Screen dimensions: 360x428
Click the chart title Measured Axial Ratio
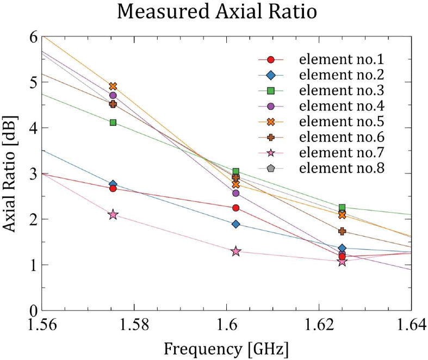[x=216, y=13]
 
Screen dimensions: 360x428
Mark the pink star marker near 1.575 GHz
[x=113, y=215]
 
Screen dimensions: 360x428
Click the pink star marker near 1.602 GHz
[x=236, y=251]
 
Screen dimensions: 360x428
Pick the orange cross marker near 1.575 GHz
[x=113, y=86]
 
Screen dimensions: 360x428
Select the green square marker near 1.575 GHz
[x=113, y=122]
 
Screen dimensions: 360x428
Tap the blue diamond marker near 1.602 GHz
[x=236, y=224]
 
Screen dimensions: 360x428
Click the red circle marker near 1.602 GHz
[x=236, y=208]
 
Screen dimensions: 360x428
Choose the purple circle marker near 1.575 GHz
[x=113, y=95]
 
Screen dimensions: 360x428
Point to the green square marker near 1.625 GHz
[x=342, y=207]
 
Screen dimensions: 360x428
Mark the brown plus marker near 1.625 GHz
[x=342, y=231]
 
